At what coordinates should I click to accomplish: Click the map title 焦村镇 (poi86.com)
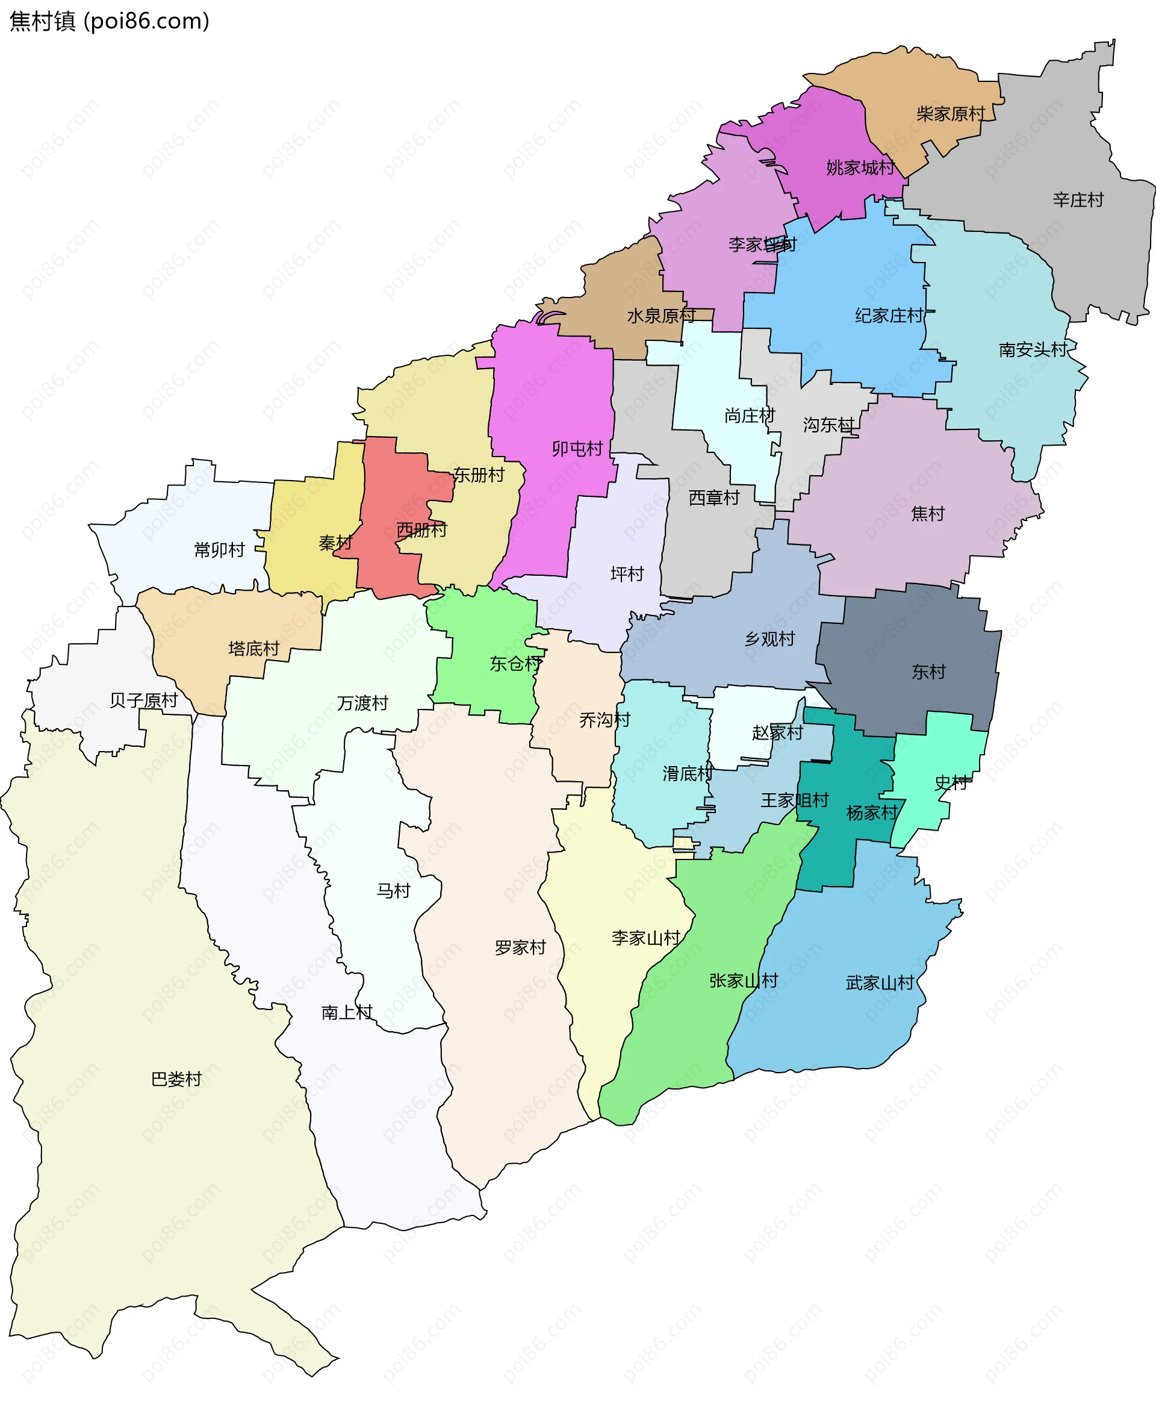tap(110, 21)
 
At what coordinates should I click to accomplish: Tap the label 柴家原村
tap(950, 114)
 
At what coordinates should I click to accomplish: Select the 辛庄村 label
tap(1078, 200)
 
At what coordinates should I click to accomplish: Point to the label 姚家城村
tap(860, 168)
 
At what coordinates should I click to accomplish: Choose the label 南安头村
tap(1032, 350)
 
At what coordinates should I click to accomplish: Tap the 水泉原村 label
tap(660, 316)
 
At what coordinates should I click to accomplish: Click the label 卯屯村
tap(577, 449)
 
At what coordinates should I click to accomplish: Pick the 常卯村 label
tap(220, 550)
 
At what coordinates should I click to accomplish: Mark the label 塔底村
tap(253, 649)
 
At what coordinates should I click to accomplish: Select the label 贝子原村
tap(144, 700)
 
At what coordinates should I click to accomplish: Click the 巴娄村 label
tap(176, 1079)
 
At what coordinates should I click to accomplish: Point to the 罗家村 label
tap(520, 947)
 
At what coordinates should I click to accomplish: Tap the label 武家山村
tap(880, 983)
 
